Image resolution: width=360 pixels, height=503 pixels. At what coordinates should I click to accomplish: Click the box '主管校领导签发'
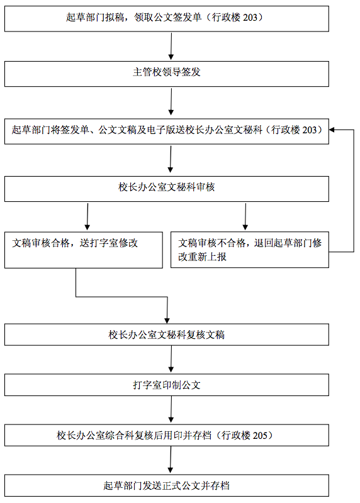167,74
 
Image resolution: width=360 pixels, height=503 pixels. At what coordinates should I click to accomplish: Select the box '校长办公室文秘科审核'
167,189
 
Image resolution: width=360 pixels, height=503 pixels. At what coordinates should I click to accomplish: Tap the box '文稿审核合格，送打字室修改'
84,250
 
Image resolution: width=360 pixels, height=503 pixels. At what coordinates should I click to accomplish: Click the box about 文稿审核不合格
250,250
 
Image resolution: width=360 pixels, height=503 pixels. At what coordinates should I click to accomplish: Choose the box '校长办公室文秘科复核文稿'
167,334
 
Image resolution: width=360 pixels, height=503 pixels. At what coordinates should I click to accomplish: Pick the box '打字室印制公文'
167,385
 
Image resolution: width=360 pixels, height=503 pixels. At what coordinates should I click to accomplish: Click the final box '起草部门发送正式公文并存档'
167,485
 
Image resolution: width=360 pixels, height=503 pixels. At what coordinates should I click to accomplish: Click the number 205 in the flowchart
260,435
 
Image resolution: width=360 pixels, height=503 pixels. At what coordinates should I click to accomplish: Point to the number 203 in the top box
250,18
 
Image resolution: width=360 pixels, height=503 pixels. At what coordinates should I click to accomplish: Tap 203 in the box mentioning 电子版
310,130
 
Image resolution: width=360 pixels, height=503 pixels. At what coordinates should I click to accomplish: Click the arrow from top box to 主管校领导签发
171,46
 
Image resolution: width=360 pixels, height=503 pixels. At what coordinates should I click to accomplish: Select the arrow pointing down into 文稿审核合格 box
87,216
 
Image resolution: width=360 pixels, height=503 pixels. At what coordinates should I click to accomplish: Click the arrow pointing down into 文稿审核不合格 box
245,216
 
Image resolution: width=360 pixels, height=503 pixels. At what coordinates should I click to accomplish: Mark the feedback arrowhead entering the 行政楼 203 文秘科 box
332,130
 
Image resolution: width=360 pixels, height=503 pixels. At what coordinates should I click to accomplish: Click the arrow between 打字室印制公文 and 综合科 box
171,409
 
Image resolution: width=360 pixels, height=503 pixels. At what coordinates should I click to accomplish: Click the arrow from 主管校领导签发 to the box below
171,102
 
